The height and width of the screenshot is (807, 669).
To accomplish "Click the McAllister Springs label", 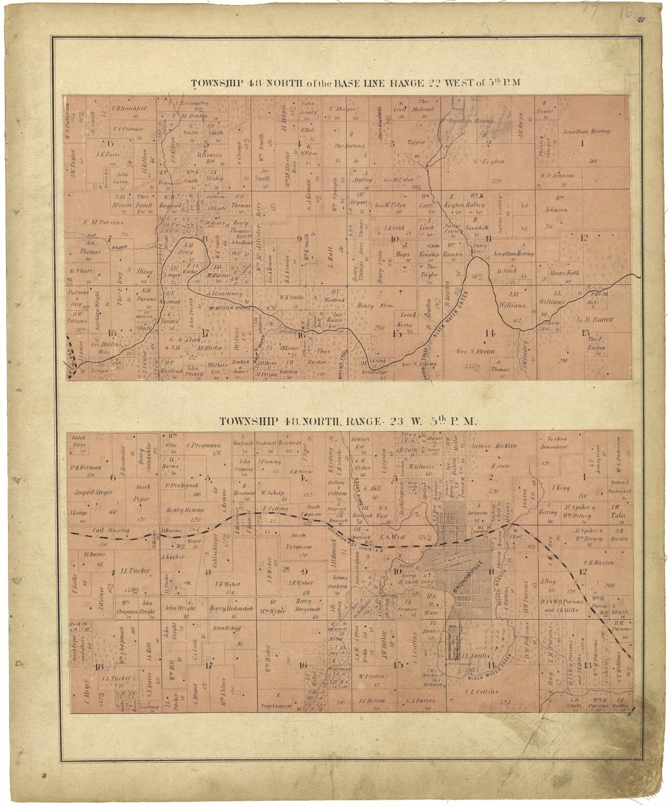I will tap(230, 308).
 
